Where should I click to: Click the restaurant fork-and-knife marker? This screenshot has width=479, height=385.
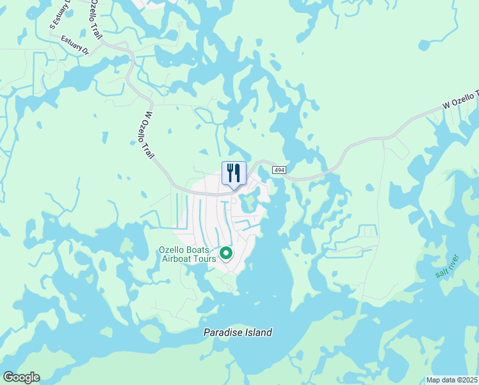pyautogui.click(x=234, y=173)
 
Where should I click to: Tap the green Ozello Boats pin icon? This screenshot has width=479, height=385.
pyautogui.click(x=226, y=253)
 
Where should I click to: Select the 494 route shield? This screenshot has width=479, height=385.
pyautogui.click(x=278, y=169)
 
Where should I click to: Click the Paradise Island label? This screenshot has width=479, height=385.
pyautogui.click(x=238, y=332)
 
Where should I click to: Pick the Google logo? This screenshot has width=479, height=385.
pyautogui.click(x=20, y=377)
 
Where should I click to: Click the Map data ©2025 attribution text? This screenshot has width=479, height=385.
pyautogui.click(x=451, y=380)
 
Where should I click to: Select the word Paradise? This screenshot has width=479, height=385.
pyautogui.click(x=223, y=332)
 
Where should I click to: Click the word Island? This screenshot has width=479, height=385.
pyautogui.click(x=258, y=332)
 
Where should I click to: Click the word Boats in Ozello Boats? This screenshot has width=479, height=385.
pyautogui.click(x=202, y=249)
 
